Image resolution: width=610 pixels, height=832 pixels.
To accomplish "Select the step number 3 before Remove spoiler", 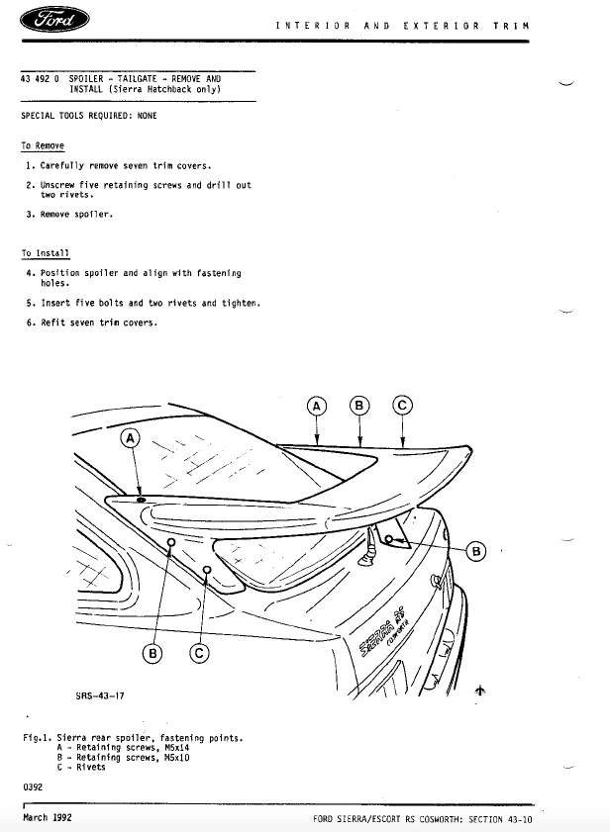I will (31, 214).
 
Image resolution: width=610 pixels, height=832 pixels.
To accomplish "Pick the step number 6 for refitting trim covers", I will (31, 323).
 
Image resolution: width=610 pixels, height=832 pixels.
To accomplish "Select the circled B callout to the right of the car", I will (475, 551).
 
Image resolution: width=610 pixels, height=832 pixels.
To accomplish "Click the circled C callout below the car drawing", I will (199, 652).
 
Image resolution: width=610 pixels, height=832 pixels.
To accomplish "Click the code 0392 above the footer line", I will (33, 787).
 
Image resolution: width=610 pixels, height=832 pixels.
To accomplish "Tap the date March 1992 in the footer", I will (48, 818).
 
